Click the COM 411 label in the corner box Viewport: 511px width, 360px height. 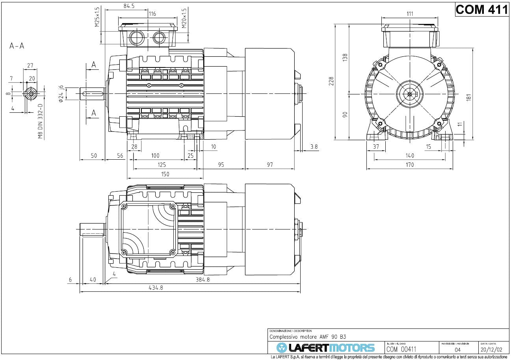(x=482, y=9)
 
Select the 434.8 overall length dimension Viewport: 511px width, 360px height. (x=156, y=288)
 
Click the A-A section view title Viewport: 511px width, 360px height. (x=17, y=46)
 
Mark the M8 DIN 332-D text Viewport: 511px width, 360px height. (x=40, y=122)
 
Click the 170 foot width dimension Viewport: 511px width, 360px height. (x=410, y=165)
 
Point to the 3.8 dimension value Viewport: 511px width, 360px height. (x=314, y=147)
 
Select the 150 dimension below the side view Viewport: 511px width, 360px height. (x=165, y=174)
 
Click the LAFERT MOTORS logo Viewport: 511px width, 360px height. (x=325, y=347)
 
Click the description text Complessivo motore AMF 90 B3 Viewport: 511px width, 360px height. (x=307, y=337)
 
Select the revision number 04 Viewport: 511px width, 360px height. (x=457, y=349)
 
